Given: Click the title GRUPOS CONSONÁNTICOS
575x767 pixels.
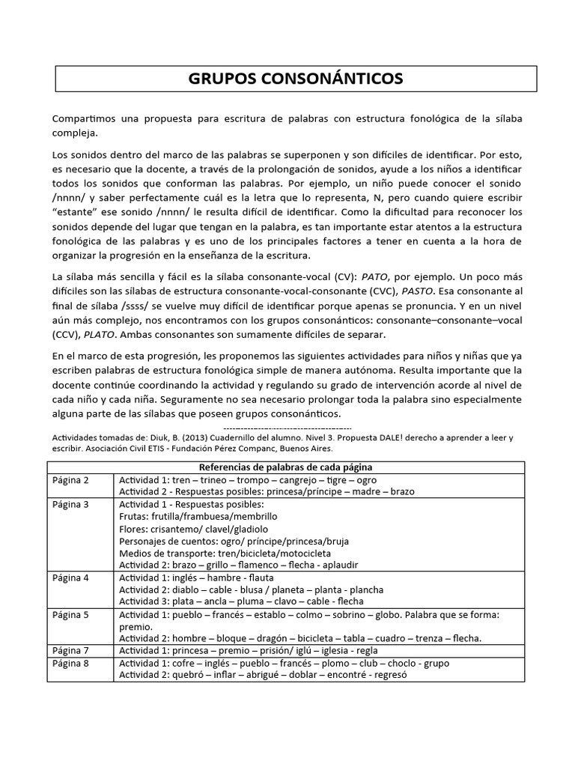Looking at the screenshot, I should coord(295,79).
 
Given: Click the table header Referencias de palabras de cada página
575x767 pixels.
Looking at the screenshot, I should coord(285,467).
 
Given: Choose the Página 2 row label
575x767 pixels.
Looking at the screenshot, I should coord(71,480).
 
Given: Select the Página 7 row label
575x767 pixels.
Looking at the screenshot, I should coord(71,651).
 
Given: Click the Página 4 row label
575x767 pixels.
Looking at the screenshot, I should coord(71,577).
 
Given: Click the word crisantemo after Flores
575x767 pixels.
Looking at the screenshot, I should coord(176,529).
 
